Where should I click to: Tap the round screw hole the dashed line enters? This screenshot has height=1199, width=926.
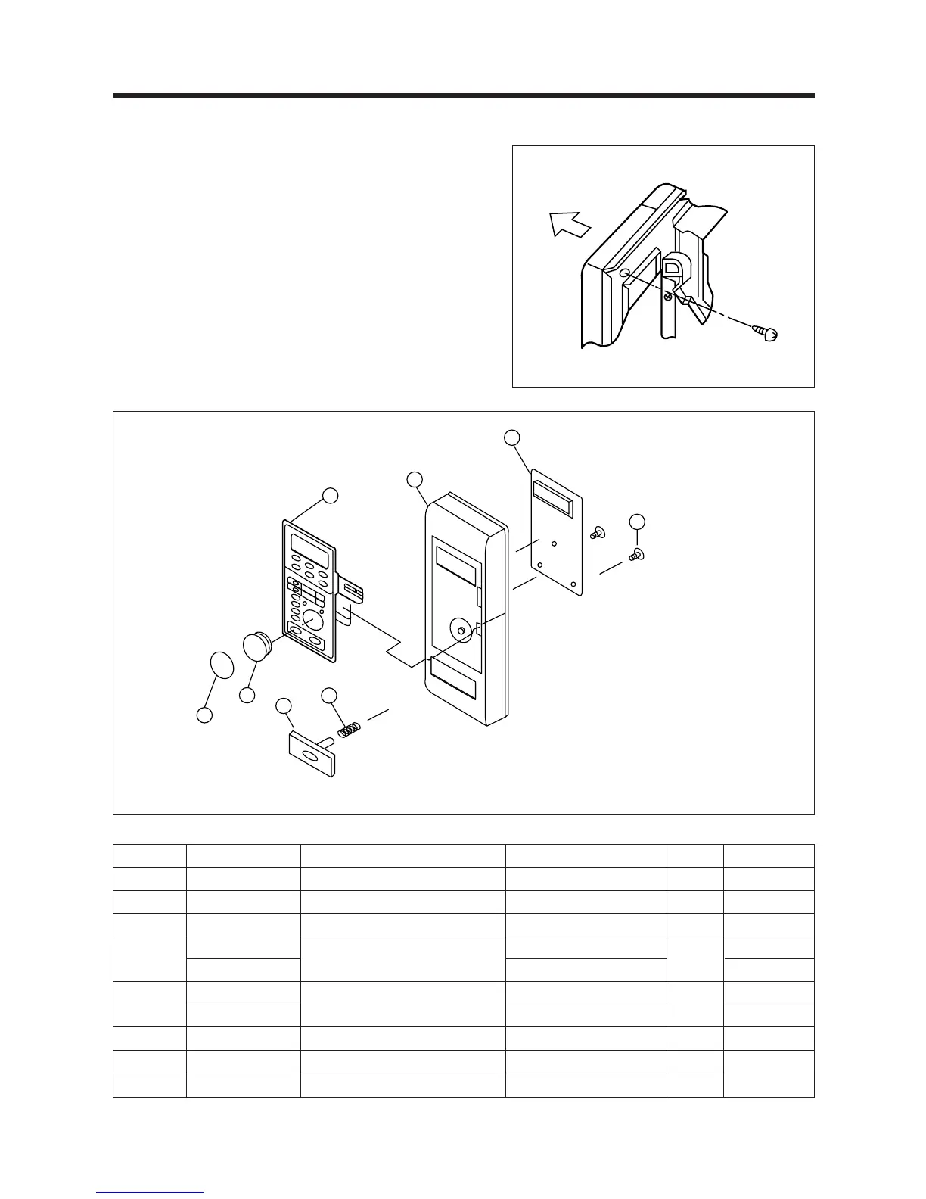[623, 273]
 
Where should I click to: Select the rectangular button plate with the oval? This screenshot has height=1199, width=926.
[311, 754]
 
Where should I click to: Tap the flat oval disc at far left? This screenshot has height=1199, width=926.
[222, 666]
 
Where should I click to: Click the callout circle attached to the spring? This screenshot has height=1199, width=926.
[329, 696]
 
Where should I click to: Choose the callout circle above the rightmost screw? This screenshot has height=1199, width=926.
[637, 522]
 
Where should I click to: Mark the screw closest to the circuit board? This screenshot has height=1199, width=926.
[598, 534]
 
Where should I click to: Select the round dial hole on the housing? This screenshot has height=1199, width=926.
[460, 628]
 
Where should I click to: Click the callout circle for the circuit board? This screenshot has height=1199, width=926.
[512, 438]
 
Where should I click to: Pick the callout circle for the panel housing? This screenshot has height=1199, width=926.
[414, 480]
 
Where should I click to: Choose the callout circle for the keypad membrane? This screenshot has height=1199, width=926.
[329, 497]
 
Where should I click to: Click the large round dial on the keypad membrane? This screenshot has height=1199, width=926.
[312, 620]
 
